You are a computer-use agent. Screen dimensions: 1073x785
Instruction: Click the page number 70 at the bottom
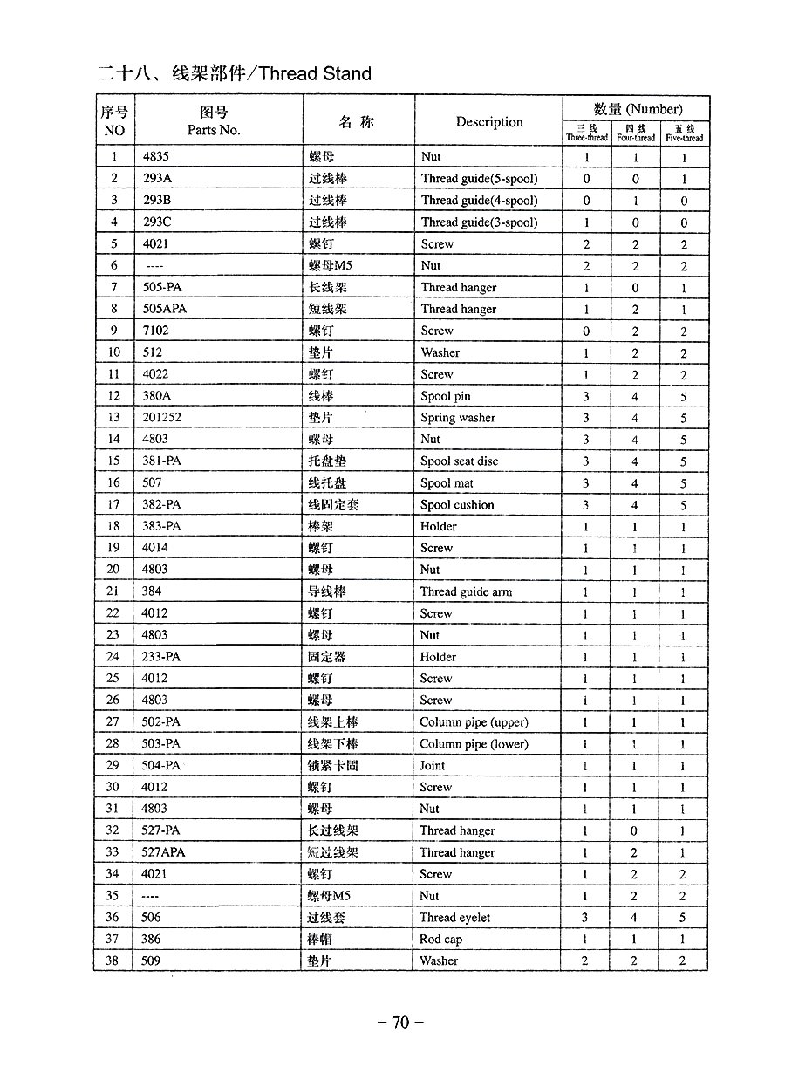[x=400, y=1022]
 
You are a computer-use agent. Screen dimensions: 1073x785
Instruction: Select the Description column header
[x=488, y=122]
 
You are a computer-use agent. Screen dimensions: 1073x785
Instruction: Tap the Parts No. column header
[x=213, y=130]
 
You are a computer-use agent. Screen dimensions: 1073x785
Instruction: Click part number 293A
[x=157, y=179]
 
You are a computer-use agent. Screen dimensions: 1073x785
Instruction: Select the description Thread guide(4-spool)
[x=479, y=201]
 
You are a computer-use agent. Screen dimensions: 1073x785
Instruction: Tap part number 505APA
[x=164, y=309]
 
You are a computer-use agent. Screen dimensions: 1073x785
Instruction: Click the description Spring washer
[x=458, y=418]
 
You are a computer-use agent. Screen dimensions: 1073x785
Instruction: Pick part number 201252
[x=162, y=418]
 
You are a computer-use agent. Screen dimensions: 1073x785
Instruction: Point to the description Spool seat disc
[x=459, y=461]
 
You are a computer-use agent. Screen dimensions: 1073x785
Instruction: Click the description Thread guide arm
[x=466, y=591]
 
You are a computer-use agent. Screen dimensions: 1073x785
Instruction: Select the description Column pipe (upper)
[x=474, y=722]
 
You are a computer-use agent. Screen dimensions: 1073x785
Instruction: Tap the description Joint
[x=432, y=765]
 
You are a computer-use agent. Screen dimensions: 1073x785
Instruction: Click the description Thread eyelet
[x=454, y=918]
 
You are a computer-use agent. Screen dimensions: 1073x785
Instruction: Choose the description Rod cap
[x=440, y=940]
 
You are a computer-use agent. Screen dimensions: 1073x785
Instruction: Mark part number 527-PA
[x=160, y=830]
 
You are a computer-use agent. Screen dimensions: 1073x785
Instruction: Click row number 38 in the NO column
[x=113, y=961]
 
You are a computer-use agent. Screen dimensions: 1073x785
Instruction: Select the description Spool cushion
[x=457, y=504]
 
